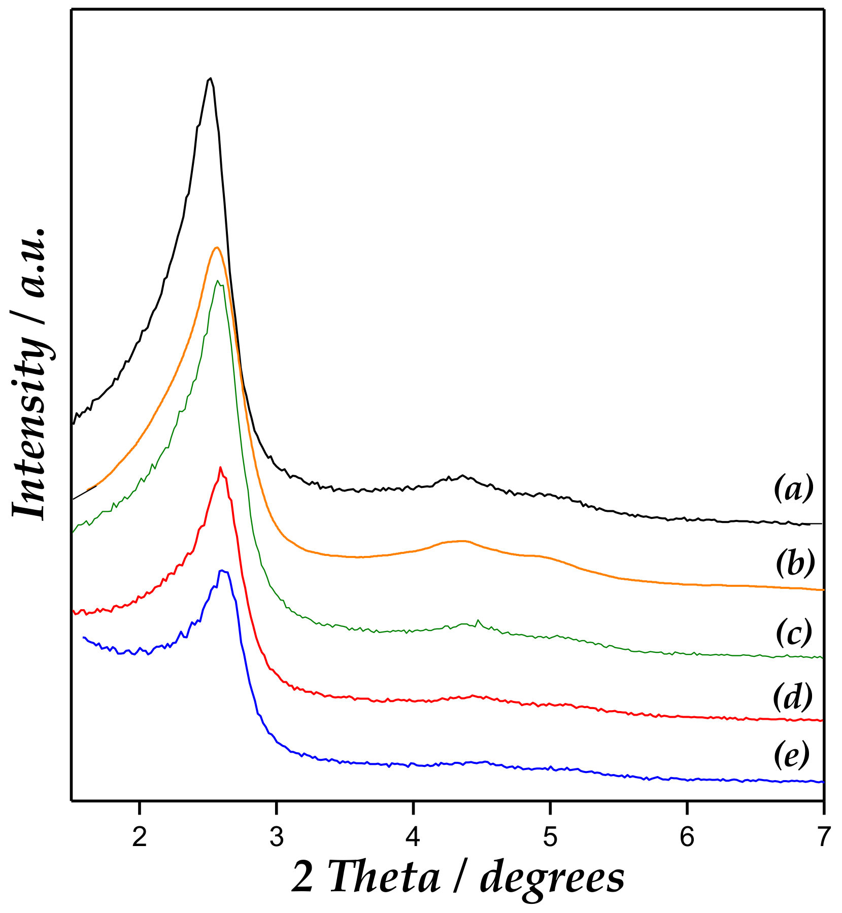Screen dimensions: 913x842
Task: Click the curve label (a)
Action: click(x=793, y=488)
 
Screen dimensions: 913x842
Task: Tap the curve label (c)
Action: click(x=794, y=633)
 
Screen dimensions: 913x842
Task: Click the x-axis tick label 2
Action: click(x=139, y=838)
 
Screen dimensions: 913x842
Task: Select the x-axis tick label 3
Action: click(x=276, y=838)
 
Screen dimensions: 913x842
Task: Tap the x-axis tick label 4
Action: click(x=413, y=838)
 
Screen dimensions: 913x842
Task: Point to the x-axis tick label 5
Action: click(x=550, y=838)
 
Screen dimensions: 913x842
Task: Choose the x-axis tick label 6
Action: click(x=687, y=838)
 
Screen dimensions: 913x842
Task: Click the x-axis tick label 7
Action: click(x=823, y=838)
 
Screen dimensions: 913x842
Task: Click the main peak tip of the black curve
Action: click(x=210, y=78)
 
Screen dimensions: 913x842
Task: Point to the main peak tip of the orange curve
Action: click(x=217, y=248)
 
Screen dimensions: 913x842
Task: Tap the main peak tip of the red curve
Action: click(x=220, y=467)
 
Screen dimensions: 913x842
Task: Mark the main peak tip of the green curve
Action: click(x=218, y=280)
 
